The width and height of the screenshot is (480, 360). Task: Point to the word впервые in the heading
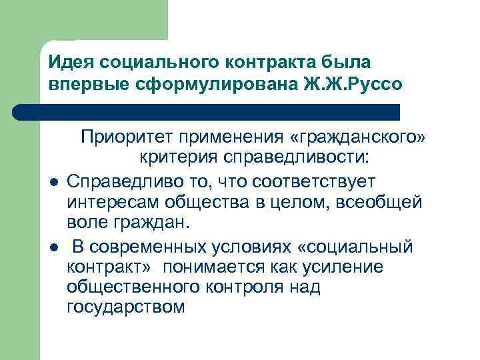click(x=85, y=85)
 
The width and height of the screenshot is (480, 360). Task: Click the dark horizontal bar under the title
click(x=220, y=111)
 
